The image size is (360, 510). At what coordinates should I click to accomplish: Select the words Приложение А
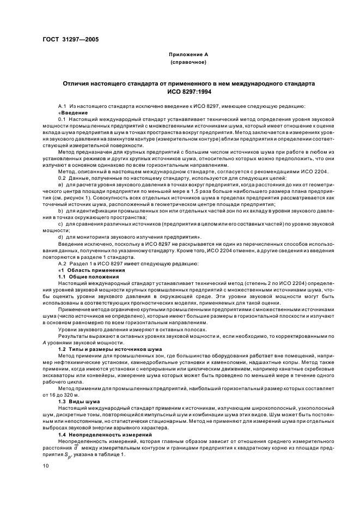coord(188,55)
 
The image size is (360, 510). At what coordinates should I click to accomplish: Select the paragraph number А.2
coord(62,264)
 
